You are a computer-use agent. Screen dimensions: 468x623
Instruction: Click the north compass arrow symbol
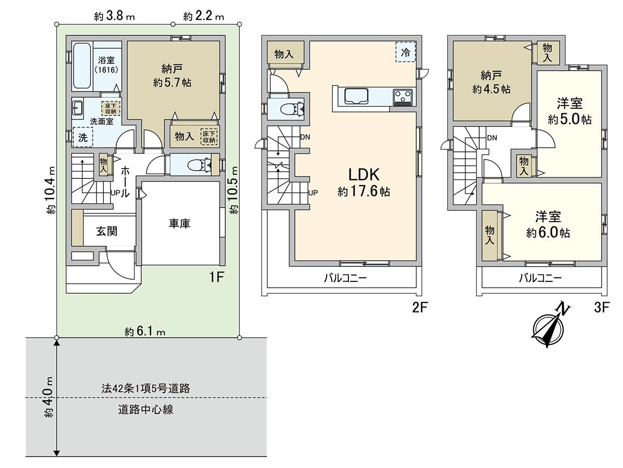[x=551, y=326]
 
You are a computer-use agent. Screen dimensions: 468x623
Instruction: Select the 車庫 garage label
[x=179, y=224]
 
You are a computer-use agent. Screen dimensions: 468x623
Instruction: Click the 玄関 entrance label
[x=106, y=231]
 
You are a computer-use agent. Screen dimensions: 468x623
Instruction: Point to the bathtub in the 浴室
[x=82, y=66]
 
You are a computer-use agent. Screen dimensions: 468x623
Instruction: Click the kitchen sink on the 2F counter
[x=356, y=96]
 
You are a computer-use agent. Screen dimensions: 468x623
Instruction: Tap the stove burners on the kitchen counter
[x=402, y=96]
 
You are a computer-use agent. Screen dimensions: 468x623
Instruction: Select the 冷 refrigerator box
[x=405, y=52]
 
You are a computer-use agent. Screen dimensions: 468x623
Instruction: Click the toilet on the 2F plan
[x=291, y=109]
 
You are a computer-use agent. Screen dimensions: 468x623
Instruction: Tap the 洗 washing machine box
[x=83, y=138]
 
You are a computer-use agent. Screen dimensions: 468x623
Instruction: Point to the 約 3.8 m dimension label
[x=114, y=17]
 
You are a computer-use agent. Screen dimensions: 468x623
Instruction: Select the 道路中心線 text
[x=145, y=410]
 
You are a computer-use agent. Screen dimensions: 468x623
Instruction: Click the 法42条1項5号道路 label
[x=145, y=388]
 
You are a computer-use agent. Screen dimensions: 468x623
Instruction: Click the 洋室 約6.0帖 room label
[x=548, y=225]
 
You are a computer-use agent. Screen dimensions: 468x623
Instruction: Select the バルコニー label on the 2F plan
[x=345, y=278]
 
